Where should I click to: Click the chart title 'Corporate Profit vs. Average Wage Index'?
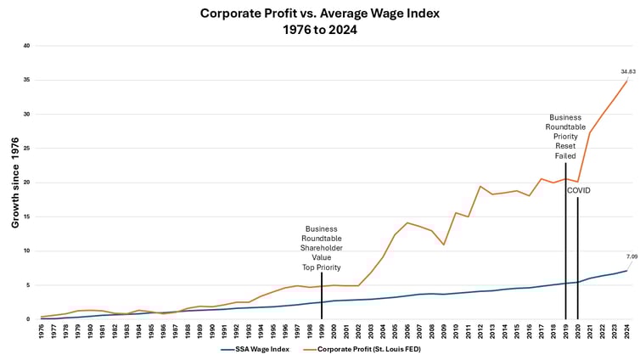click(x=320, y=14)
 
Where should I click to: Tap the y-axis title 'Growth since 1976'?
click(x=15, y=182)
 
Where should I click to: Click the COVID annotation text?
click(x=579, y=190)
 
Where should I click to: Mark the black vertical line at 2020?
click(x=578, y=255)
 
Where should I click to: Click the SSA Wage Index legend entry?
click(x=255, y=349)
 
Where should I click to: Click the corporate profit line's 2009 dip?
click(x=444, y=245)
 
